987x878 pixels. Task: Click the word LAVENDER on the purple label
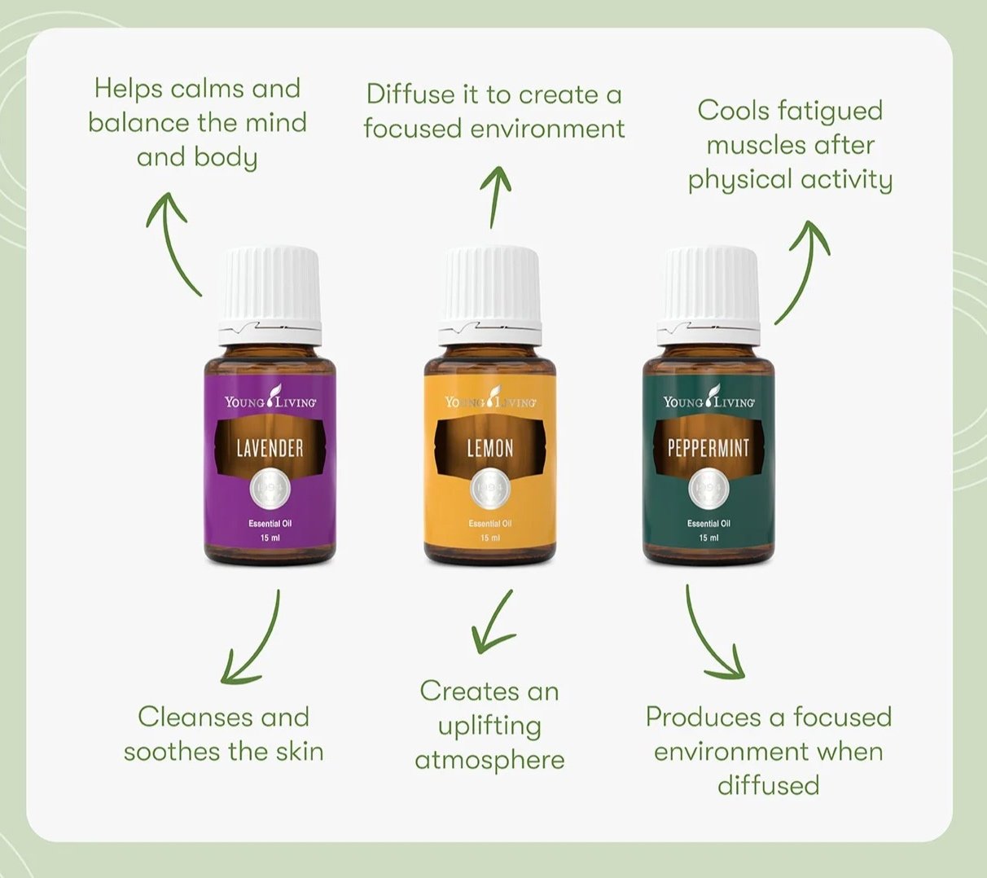[x=270, y=447]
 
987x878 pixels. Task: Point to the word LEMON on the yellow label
[x=489, y=447]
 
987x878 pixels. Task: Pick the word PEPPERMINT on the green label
[x=708, y=447]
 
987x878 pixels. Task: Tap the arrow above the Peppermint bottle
[x=802, y=269]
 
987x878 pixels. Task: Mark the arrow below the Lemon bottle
[x=493, y=623]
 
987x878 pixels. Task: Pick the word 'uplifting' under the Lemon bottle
[x=489, y=726]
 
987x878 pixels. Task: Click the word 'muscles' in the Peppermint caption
[x=748, y=146]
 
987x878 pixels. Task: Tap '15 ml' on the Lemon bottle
[x=489, y=538]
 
